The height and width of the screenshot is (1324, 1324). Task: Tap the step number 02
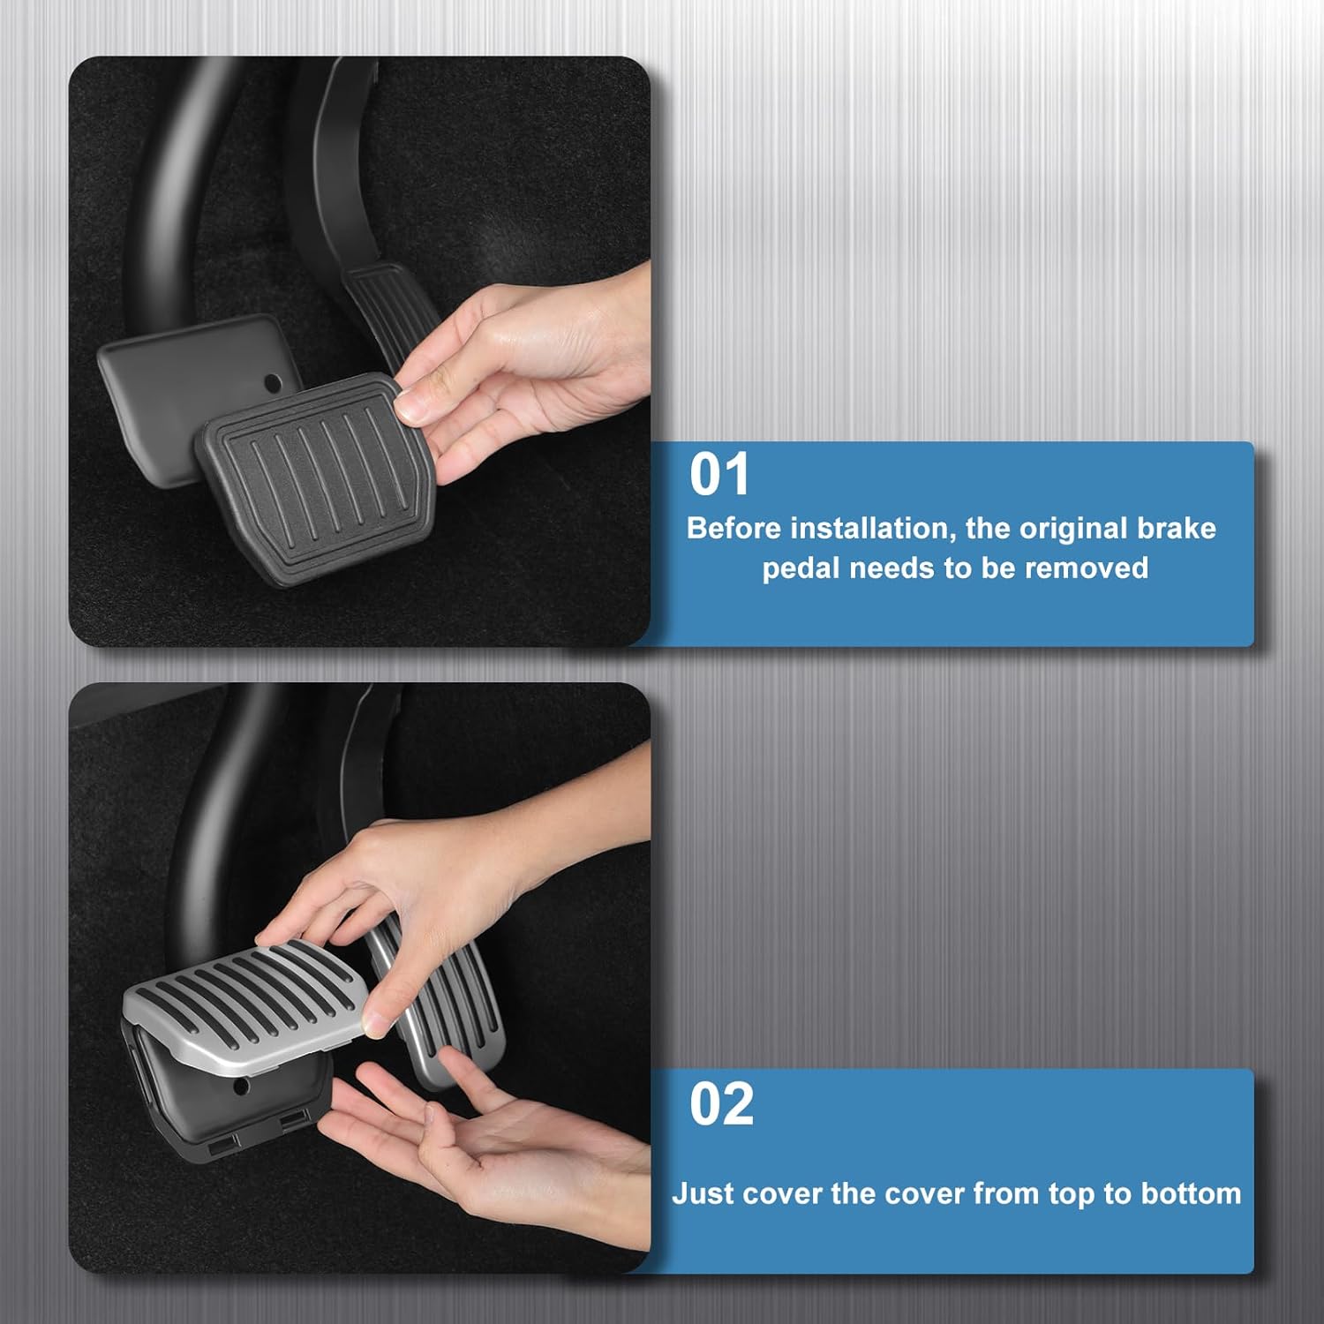[721, 1103]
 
